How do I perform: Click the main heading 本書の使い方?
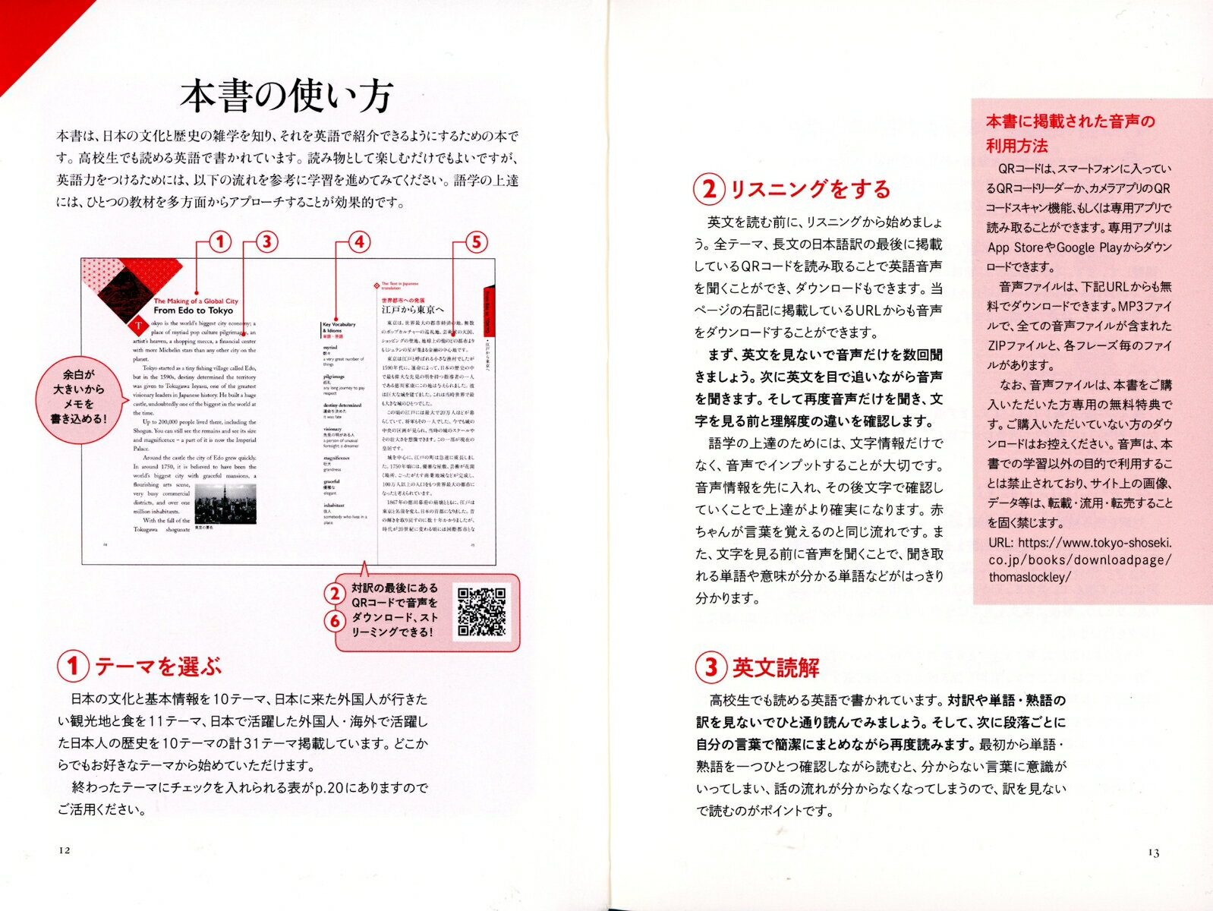pos(286,96)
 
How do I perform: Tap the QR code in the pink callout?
pos(482,612)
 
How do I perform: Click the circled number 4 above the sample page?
pos(358,242)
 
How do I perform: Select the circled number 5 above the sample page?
pos(476,242)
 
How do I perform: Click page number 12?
pos(64,850)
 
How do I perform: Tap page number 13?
pos(1154,853)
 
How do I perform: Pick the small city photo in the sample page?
pos(225,502)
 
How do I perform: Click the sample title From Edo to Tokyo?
pos(193,310)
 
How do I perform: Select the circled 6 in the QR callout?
pos(335,622)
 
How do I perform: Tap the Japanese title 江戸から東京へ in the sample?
pos(412,309)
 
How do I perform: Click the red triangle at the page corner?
pos(19,34)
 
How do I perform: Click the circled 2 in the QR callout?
pos(335,593)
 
